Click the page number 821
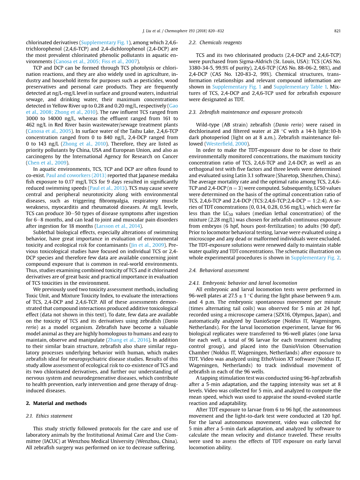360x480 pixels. click(x=337, y=32)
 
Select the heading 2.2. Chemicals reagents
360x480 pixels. click(x=215, y=43)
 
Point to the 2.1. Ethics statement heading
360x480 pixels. click(x=49, y=416)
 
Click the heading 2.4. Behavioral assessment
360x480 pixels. click(x=219, y=270)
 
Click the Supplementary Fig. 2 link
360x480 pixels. click(x=316, y=258)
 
